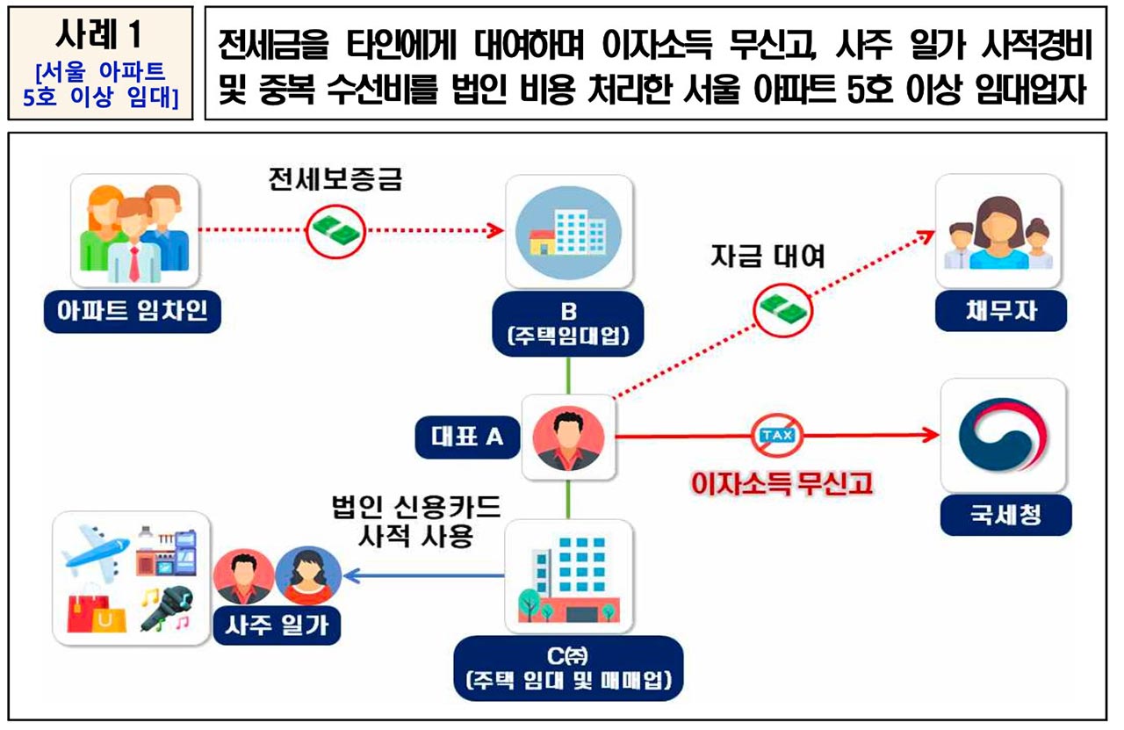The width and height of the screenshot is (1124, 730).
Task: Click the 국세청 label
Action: tap(1005, 515)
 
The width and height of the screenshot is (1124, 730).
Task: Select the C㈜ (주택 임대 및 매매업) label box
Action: tap(568, 669)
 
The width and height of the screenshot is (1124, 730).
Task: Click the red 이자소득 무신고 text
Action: tap(782, 482)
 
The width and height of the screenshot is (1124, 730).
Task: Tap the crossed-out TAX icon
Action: tap(775, 435)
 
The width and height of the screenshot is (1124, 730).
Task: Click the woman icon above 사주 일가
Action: tap(308, 575)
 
